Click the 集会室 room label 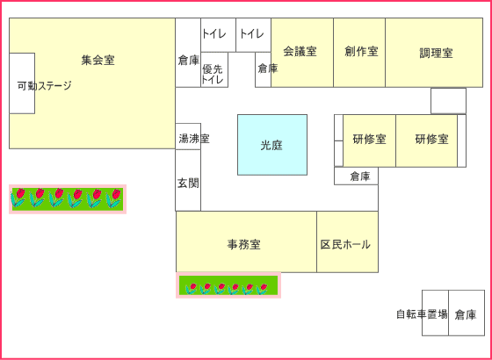[x=98, y=60]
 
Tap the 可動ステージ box [x=22, y=83]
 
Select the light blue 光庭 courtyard [x=272, y=145]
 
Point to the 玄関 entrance [x=188, y=180]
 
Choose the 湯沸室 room [x=188, y=136]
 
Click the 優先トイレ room [x=214, y=69]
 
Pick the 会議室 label [x=300, y=52]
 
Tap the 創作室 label [x=361, y=52]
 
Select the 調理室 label [x=436, y=53]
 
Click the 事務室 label [x=244, y=244]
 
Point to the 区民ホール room [x=347, y=241]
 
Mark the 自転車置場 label [x=422, y=314]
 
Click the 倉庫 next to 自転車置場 [x=467, y=313]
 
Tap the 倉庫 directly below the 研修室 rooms [x=356, y=176]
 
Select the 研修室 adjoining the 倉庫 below [x=369, y=140]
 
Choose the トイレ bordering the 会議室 [x=253, y=35]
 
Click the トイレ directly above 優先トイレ [x=218, y=35]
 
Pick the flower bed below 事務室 [x=228, y=285]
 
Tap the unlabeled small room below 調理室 [x=448, y=101]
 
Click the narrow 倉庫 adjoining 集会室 [x=188, y=53]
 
